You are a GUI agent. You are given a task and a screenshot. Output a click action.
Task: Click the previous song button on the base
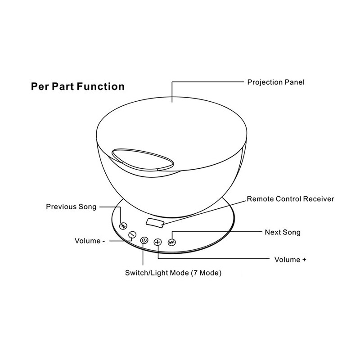(x=123, y=226)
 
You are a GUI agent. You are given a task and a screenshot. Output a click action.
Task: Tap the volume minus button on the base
(x=132, y=234)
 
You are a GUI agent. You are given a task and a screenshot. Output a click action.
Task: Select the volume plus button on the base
(x=158, y=242)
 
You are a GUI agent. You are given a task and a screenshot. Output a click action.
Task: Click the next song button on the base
(x=172, y=242)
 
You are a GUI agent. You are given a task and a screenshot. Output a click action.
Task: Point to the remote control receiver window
(x=155, y=223)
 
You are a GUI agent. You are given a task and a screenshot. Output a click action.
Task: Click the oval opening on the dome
(x=143, y=160)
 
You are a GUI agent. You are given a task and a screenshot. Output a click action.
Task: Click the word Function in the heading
(x=100, y=86)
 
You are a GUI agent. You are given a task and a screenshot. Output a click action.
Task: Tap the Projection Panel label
(x=276, y=82)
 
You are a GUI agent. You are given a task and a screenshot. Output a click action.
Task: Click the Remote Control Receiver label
(x=290, y=199)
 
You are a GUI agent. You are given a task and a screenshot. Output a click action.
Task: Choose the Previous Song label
(x=71, y=207)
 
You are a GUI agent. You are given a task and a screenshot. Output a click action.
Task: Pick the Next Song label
(x=283, y=232)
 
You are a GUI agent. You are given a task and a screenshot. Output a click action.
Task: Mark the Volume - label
(x=90, y=241)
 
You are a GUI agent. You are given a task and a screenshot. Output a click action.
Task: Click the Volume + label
(x=290, y=260)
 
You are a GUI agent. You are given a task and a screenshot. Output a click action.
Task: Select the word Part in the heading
(x=63, y=86)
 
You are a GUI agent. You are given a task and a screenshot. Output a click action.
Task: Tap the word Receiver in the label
(x=319, y=199)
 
